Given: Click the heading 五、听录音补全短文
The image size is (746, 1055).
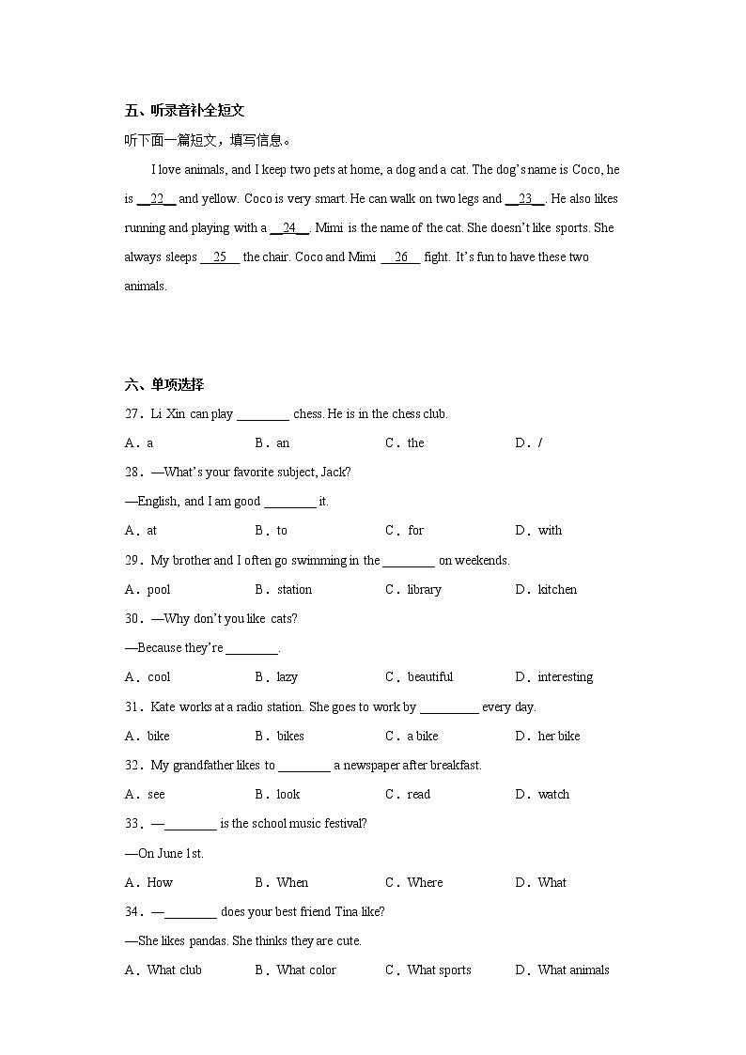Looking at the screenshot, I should click(x=184, y=111).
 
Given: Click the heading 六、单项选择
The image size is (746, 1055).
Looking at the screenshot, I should click(x=163, y=384).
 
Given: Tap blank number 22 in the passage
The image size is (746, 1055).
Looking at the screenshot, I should click(x=157, y=199).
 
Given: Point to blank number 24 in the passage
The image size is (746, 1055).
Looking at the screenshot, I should click(x=289, y=228).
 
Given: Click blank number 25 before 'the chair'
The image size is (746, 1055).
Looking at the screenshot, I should click(x=220, y=257).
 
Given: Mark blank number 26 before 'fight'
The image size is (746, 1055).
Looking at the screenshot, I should click(x=400, y=257).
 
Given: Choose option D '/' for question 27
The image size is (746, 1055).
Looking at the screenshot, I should click(x=539, y=443).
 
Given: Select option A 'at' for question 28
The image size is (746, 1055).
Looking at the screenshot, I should click(x=151, y=531).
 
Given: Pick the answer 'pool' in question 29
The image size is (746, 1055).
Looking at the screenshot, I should click(x=159, y=590).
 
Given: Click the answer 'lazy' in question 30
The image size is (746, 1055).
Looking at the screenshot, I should click(x=287, y=677).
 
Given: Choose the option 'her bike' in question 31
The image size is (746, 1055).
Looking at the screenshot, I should click(x=558, y=737).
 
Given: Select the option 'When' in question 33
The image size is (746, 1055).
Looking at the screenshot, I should click(x=292, y=883).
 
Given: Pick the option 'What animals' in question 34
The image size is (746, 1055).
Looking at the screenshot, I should click(x=573, y=970).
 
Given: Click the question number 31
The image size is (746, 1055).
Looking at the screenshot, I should click(x=132, y=707).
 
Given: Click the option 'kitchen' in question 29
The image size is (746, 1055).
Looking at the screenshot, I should click(x=557, y=590).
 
